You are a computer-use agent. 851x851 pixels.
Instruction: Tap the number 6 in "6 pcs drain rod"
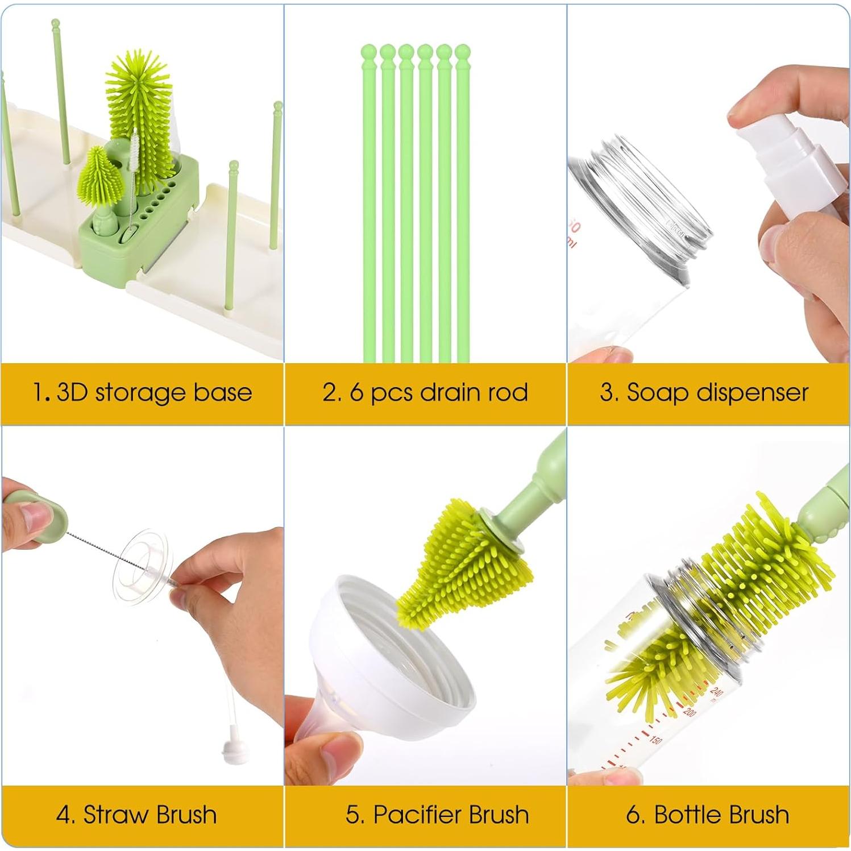[x=356, y=393]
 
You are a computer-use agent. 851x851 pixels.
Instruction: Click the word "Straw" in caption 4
[x=115, y=815]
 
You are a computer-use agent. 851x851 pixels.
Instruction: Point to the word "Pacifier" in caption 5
[x=408, y=815]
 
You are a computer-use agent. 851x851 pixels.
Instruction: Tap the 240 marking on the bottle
[x=716, y=691]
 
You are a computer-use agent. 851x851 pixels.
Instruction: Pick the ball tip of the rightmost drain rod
[x=462, y=53]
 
